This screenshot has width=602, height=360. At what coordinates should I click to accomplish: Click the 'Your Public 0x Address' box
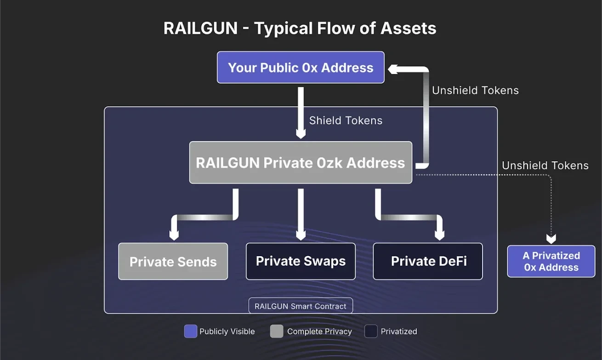pyautogui.click(x=301, y=68)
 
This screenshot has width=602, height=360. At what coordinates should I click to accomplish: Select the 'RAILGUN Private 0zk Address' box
pyautogui.click(x=301, y=163)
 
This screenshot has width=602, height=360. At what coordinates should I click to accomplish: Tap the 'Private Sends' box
pyautogui.click(x=173, y=262)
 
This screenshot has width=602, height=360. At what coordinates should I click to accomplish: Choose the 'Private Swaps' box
pyautogui.click(x=301, y=261)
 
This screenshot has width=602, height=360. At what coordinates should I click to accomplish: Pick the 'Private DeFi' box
pyautogui.click(x=428, y=261)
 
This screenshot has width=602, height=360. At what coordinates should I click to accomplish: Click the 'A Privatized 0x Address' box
pyautogui.click(x=551, y=261)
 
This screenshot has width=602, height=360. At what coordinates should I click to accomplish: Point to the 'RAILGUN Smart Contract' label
pyautogui.click(x=301, y=306)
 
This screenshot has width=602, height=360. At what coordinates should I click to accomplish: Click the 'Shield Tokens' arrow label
pyautogui.click(x=346, y=120)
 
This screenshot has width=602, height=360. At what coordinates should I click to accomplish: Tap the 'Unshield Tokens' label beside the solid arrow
pyautogui.click(x=475, y=91)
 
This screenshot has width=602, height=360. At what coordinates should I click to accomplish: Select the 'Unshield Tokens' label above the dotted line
pyautogui.click(x=545, y=166)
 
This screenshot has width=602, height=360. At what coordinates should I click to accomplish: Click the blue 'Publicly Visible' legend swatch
pyautogui.click(x=190, y=331)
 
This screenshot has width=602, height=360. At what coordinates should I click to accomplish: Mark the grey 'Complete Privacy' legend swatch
pyautogui.click(x=277, y=331)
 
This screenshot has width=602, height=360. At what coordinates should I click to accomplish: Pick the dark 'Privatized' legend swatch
pyautogui.click(x=371, y=331)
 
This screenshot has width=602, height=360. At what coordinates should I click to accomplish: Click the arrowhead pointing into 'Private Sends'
pyautogui.click(x=174, y=235)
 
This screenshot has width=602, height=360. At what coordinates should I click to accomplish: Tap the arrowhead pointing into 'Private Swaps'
pyautogui.click(x=301, y=235)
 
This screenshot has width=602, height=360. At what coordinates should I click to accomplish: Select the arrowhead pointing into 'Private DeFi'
pyautogui.click(x=439, y=235)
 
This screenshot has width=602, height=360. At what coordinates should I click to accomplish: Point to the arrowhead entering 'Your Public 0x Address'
pyautogui.click(x=393, y=69)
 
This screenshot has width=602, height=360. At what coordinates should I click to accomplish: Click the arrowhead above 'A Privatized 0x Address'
pyautogui.click(x=551, y=239)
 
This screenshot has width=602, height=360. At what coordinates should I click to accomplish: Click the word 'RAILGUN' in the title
pyautogui.click(x=200, y=29)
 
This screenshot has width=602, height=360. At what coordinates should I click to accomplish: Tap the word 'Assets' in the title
pyautogui.click(x=408, y=29)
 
